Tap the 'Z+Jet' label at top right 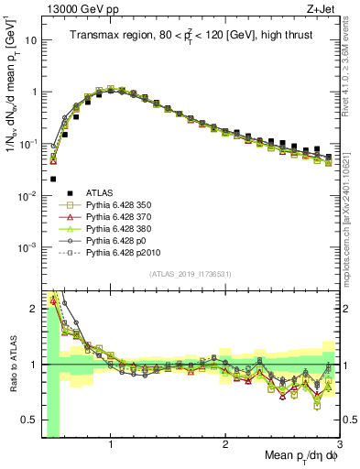click(322, 8)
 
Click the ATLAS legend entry click(101, 192)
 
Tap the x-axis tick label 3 click(338, 445)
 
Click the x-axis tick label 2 click(225, 445)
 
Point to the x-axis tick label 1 click(111, 445)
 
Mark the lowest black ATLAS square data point click(53, 180)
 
